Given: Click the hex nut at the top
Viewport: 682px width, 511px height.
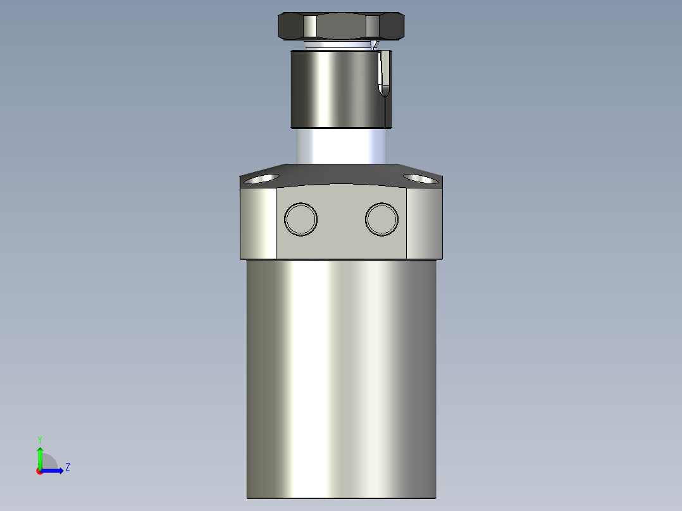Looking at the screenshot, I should click(341, 26).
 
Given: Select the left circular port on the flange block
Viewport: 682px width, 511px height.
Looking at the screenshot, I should click(301, 219).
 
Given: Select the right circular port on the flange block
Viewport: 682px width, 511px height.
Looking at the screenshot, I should click(381, 219).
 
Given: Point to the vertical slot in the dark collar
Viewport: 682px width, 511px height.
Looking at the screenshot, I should click(383, 75).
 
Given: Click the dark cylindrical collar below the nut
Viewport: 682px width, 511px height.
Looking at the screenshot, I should click(329, 89).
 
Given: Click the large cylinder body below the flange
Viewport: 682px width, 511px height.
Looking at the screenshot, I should click(341, 379).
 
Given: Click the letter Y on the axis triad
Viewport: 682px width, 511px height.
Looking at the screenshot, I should click(39, 439).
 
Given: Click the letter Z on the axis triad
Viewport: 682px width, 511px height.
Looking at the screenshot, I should click(67, 467).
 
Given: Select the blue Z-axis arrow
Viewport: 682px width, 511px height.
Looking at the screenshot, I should click(53, 471).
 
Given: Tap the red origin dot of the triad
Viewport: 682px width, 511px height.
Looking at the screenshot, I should click(39, 471).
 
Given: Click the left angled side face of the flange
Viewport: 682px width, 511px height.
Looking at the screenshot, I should click(258, 225).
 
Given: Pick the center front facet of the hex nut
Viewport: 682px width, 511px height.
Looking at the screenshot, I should click(341, 27).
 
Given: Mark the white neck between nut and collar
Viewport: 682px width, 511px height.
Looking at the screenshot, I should click(335, 45).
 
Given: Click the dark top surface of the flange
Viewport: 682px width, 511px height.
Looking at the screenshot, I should click(341, 175).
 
